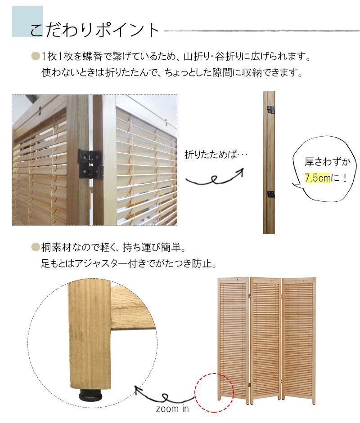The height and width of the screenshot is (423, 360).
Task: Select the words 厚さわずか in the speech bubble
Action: (324, 162)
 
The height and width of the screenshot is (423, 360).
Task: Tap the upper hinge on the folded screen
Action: (271, 110)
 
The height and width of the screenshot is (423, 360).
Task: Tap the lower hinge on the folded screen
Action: (271, 194)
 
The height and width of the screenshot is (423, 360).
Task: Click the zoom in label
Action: (172, 409)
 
